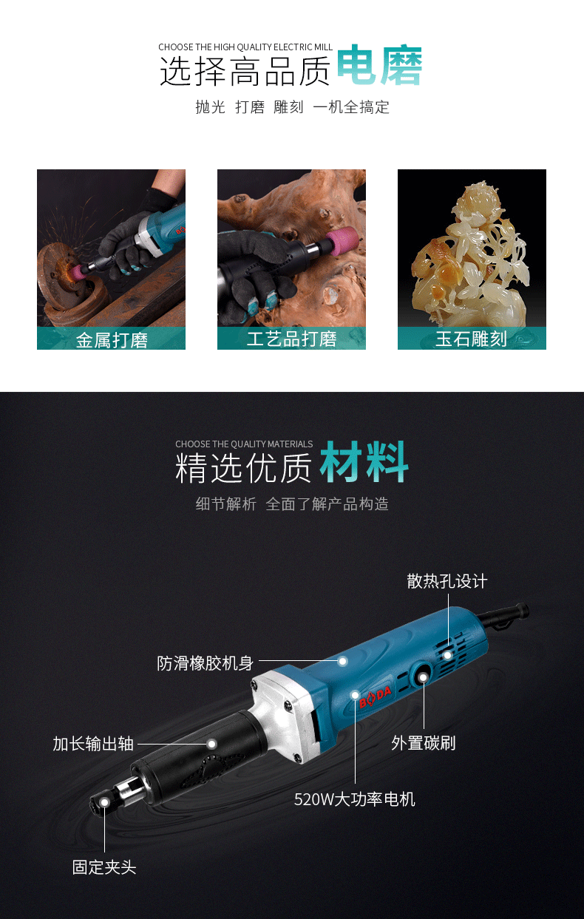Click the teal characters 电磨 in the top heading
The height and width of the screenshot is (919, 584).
pos(379,65)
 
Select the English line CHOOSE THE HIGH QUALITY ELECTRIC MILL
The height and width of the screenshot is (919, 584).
pos(245,47)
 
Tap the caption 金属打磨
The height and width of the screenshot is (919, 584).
pos(112,340)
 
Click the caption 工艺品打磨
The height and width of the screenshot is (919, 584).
pos(291,339)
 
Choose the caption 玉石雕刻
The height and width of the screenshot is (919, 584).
pos(471,339)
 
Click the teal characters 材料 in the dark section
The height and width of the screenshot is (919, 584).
pos(364,462)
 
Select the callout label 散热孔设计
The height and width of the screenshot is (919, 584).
pos(447,581)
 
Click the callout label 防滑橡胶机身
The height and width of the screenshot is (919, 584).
pos(205,663)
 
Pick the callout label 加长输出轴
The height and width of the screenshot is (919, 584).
pos(93,744)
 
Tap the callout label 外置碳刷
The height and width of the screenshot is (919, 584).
pos(424,743)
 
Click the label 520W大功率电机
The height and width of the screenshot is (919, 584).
pos(355,800)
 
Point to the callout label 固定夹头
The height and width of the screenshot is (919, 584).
pos(104,868)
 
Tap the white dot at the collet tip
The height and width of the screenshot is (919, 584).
pos(104,802)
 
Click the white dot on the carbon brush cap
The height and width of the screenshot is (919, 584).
pos(423,676)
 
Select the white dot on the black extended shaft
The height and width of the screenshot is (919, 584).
pos(211,743)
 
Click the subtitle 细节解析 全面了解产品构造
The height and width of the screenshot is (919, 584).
pos(292,504)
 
